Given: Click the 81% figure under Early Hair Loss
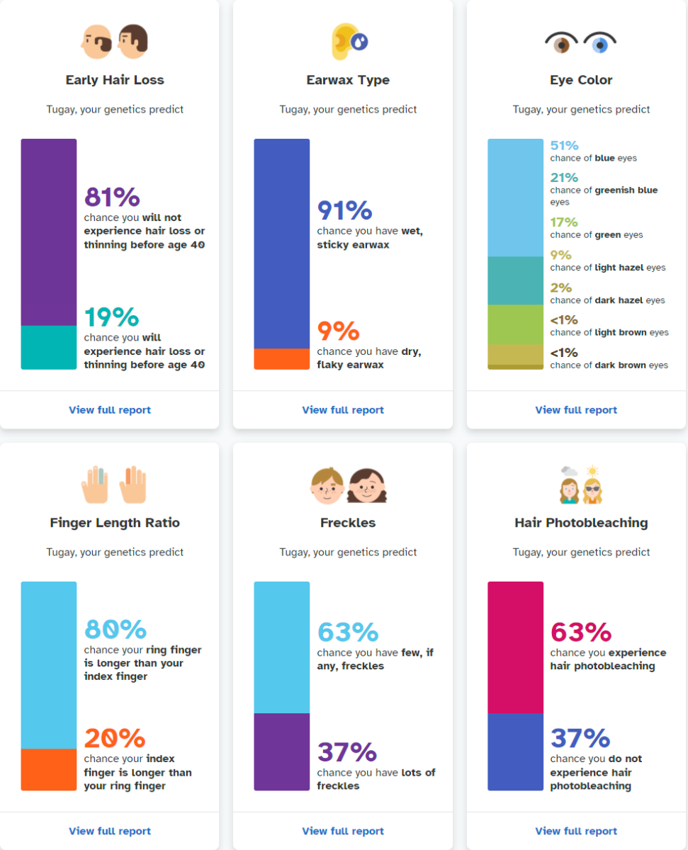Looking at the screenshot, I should point(112,197).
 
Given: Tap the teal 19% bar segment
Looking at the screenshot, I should point(49,347).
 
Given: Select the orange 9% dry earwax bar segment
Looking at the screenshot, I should point(282,358).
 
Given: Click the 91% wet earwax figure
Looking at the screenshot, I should point(344,210).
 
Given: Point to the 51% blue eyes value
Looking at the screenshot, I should point(565,145).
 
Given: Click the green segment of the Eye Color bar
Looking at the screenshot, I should point(515,324).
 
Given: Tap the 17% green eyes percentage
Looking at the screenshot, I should point(564,222).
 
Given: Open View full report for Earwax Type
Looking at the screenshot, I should point(343,410).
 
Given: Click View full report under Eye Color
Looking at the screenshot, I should point(576,410).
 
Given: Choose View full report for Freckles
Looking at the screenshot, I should point(343,831).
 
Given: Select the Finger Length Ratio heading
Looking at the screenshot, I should point(115,523).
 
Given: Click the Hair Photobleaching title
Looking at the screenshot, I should point(581,523).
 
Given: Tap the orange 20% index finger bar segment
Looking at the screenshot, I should point(49,769).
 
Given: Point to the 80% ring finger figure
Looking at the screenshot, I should point(115,629).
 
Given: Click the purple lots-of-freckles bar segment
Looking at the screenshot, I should point(282,752).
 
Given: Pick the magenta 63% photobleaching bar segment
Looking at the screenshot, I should point(515,647).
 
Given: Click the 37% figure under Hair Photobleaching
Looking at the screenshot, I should point(580,738).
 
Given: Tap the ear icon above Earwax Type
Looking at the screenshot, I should point(344,41).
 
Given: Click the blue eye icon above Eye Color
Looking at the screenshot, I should point(600,43).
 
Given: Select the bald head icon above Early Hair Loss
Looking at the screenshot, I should point(96,42).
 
